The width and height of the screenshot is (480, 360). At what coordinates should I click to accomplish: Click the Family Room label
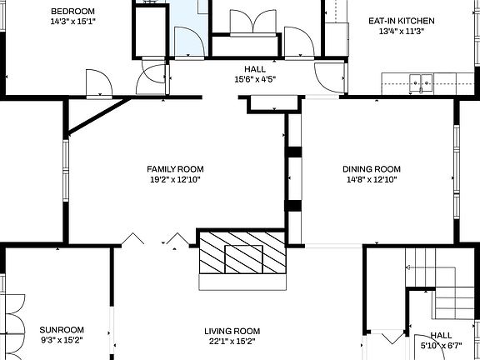click(x=175, y=168)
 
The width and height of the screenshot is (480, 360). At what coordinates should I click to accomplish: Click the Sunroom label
click(x=62, y=330)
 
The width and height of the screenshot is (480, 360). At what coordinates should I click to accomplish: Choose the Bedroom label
click(x=72, y=11)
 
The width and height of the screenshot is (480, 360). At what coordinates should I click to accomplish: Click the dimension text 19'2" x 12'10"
click(x=175, y=179)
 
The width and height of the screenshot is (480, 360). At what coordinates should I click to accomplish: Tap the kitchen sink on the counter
click(x=422, y=82)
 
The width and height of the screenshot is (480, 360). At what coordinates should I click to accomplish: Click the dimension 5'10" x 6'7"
click(x=441, y=345)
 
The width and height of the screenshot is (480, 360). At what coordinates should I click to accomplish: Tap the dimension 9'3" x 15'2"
click(x=62, y=340)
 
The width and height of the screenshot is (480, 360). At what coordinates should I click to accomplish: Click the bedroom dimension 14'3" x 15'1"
click(x=72, y=22)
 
